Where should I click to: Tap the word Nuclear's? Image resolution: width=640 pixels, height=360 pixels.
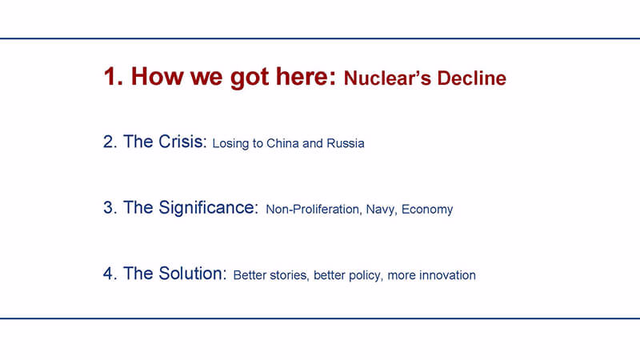[387, 78]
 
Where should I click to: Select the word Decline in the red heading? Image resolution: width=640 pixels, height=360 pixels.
[472, 78]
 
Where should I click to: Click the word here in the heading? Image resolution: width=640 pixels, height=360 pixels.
[306, 76]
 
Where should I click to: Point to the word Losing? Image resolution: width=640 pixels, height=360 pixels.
[230, 144]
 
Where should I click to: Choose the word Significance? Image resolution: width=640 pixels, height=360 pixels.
[208, 208]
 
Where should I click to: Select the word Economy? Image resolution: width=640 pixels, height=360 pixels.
[427, 210]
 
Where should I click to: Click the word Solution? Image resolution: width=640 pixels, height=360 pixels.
[192, 274]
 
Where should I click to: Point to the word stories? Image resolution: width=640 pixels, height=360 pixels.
[289, 275]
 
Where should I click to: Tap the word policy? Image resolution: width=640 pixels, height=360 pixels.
[365, 276]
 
